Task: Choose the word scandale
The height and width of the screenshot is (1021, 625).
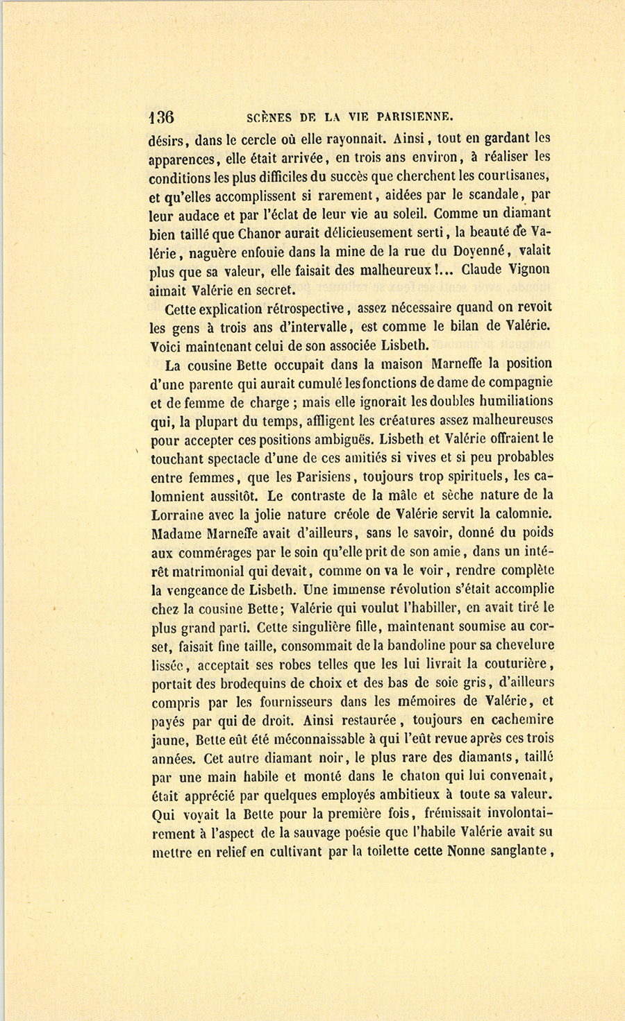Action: pos(490,194)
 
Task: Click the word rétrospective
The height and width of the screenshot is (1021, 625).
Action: pos(305,308)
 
